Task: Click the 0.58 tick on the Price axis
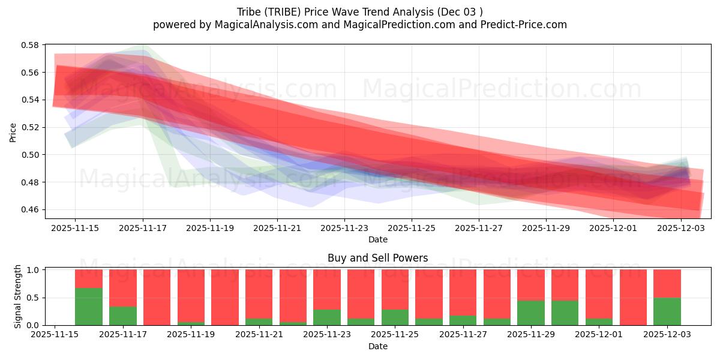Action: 30,45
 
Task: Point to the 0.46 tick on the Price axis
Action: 30,210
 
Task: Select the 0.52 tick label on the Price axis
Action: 30,127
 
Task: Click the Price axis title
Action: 13,131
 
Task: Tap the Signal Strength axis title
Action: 18,296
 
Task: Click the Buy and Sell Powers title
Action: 377,258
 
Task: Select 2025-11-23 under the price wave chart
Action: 344,228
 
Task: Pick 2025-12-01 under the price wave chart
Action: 613,228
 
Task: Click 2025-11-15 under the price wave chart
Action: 75,228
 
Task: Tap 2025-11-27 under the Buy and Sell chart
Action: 463,335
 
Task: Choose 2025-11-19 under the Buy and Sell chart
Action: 191,335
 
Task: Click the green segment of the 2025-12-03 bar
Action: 667,311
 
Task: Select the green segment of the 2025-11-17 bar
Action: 122,316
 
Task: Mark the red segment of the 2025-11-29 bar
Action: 530,284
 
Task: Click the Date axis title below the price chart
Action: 377,239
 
